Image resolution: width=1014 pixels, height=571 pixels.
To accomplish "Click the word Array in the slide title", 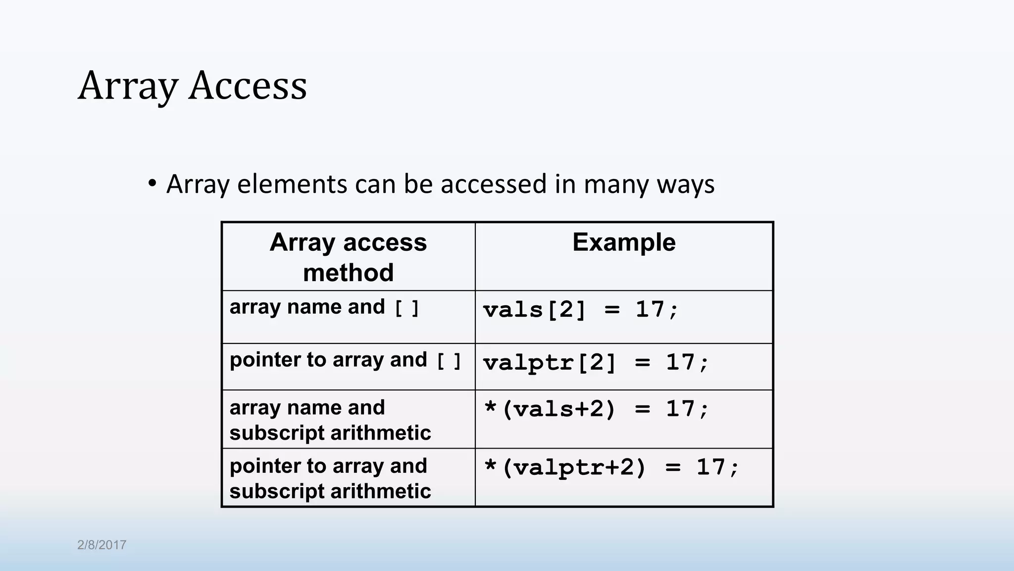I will [x=127, y=86].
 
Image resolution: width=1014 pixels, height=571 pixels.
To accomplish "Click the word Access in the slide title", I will [x=248, y=86].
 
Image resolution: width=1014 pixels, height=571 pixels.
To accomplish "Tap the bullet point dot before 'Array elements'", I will [x=152, y=183].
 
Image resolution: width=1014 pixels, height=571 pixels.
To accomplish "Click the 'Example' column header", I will [x=624, y=242].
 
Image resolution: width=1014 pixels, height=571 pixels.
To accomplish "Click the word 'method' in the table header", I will [x=348, y=273].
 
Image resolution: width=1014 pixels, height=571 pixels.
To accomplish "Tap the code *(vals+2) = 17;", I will [x=597, y=409].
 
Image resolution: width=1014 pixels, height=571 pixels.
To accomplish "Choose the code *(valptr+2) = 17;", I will [x=611, y=467].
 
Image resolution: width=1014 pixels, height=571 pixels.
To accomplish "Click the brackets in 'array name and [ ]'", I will [x=406, y=308].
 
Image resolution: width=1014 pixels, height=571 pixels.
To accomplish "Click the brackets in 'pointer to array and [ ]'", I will [x=449, y=360].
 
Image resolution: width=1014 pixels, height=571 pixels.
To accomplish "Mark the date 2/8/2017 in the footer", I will [x=101, y=545].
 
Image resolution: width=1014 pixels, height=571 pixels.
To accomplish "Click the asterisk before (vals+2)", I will [x=490, y=408].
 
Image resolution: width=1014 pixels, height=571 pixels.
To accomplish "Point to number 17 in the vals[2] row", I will [x=650, y=310].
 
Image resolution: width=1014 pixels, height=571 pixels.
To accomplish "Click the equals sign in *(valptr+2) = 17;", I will [x=673, y=467].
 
